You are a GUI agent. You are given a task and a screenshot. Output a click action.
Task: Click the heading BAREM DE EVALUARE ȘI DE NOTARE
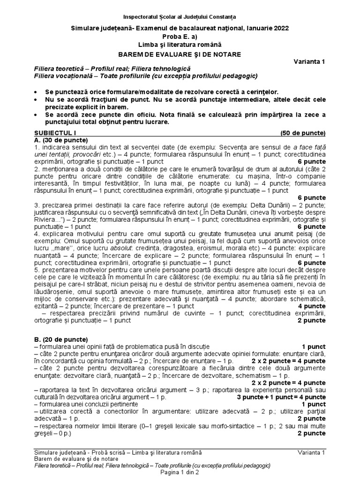[x=180, y=54]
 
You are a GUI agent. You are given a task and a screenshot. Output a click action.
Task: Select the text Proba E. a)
[x=180, y=37]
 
